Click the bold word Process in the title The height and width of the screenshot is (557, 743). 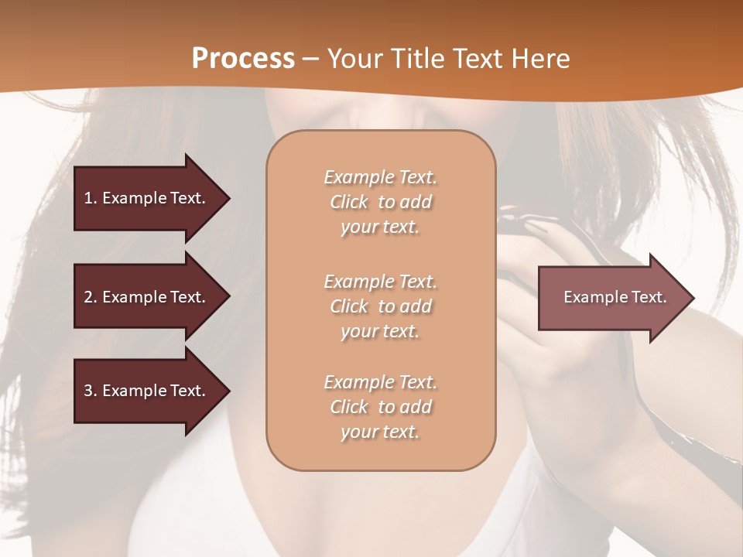pyautogui.click(x=243, y=58)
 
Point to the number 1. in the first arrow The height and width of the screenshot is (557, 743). pyautogui.click(x=91, y=198)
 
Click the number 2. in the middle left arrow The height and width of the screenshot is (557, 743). pyautogui.click(x=91, y=297)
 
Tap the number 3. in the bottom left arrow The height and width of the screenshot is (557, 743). pyautogui.click(x=91, y=391)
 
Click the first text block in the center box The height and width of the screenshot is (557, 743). pyautogui.click(x=380, y=202)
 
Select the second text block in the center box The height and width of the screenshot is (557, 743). pyautogui.click(x=380, y=306)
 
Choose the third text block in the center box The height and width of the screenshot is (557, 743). pyautogui.click(x=380, y=407)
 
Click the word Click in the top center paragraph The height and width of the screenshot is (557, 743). pyautogui.click(x=349, y=202)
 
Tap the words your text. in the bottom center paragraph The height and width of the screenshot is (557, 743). pyautogui.click(x=380, y=432)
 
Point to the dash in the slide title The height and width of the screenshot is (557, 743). pyautogui.click(x=311, y=58)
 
